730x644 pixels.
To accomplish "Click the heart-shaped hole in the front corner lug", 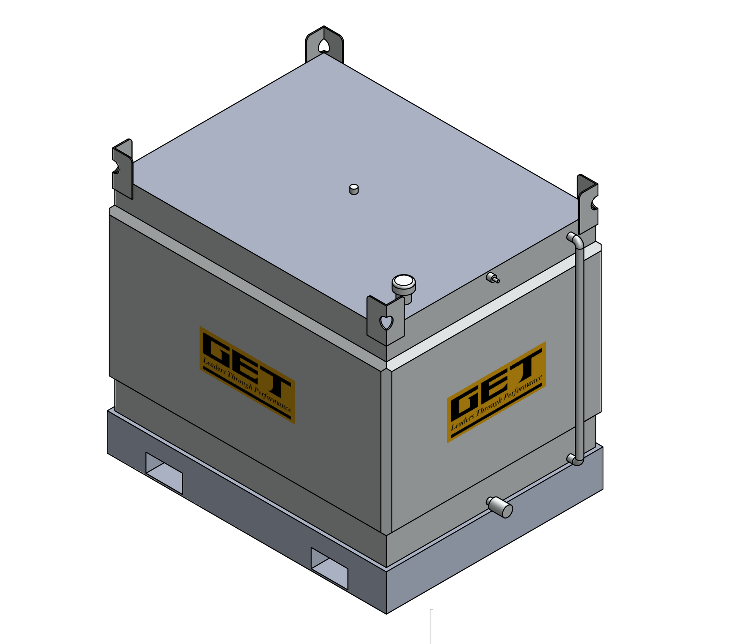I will [386, 323].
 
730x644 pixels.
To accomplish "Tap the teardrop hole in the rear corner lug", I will [324, 46].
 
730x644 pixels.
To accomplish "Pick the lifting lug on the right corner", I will [587, 203].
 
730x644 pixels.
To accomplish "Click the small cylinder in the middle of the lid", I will [354, 189].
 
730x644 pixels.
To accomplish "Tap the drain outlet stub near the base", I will [500, 507].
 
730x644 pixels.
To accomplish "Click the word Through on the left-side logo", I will [240, 381].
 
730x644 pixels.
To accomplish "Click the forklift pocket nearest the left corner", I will [164, 473].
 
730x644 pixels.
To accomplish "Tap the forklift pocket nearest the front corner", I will [329, 568].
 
